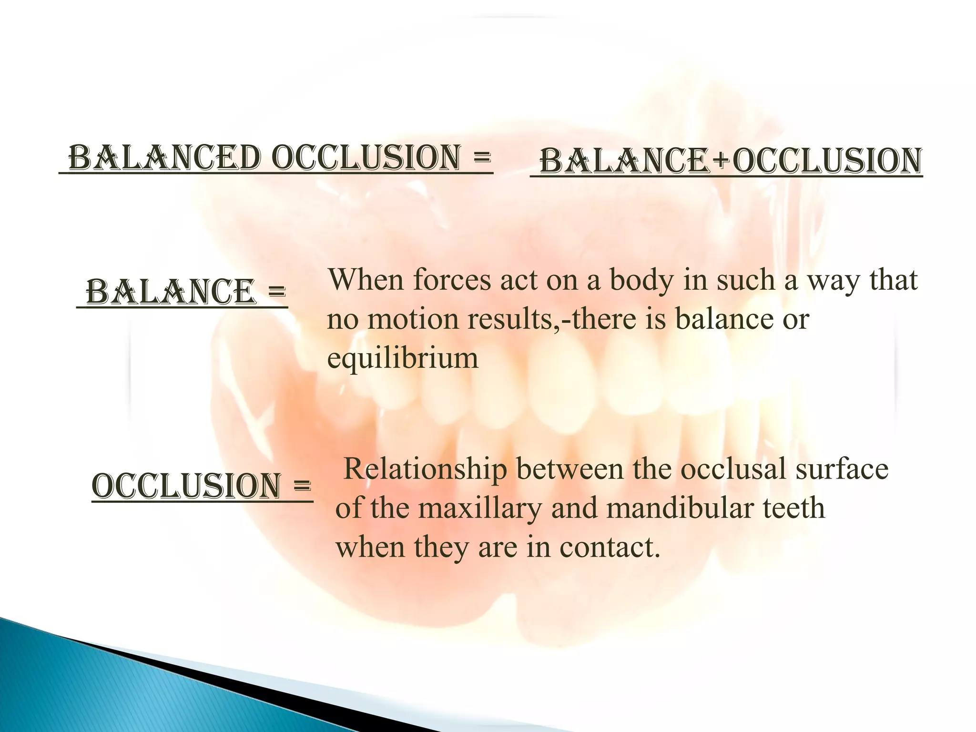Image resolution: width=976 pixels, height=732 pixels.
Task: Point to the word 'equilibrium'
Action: (402, 358)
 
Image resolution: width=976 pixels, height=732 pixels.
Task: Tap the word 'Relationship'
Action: (425, 469)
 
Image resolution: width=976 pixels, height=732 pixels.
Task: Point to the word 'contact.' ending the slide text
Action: (610, 547)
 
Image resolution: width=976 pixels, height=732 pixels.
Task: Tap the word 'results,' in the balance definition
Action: (518, 319)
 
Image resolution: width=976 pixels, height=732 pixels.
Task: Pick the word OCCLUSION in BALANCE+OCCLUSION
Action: (827, 161)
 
